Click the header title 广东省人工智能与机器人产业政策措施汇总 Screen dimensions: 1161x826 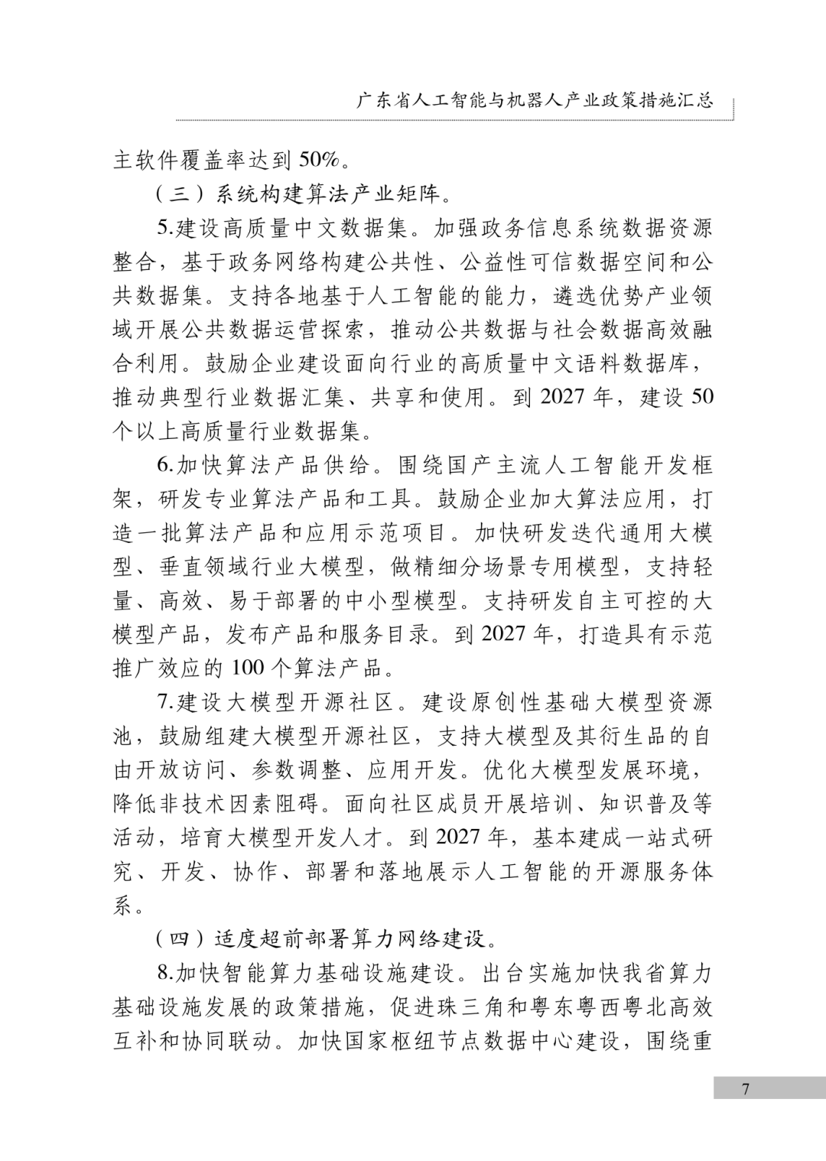click(x=535, y=101)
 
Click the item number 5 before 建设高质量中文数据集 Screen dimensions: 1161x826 click(x=163, y=228)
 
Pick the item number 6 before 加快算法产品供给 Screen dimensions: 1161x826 click(x=163, y=465)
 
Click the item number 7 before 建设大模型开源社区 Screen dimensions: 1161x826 click(x=163, y=701)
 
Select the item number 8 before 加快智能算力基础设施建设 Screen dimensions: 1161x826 click(x=163, y=972)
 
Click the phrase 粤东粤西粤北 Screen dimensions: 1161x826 click(x=600, y=1007)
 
